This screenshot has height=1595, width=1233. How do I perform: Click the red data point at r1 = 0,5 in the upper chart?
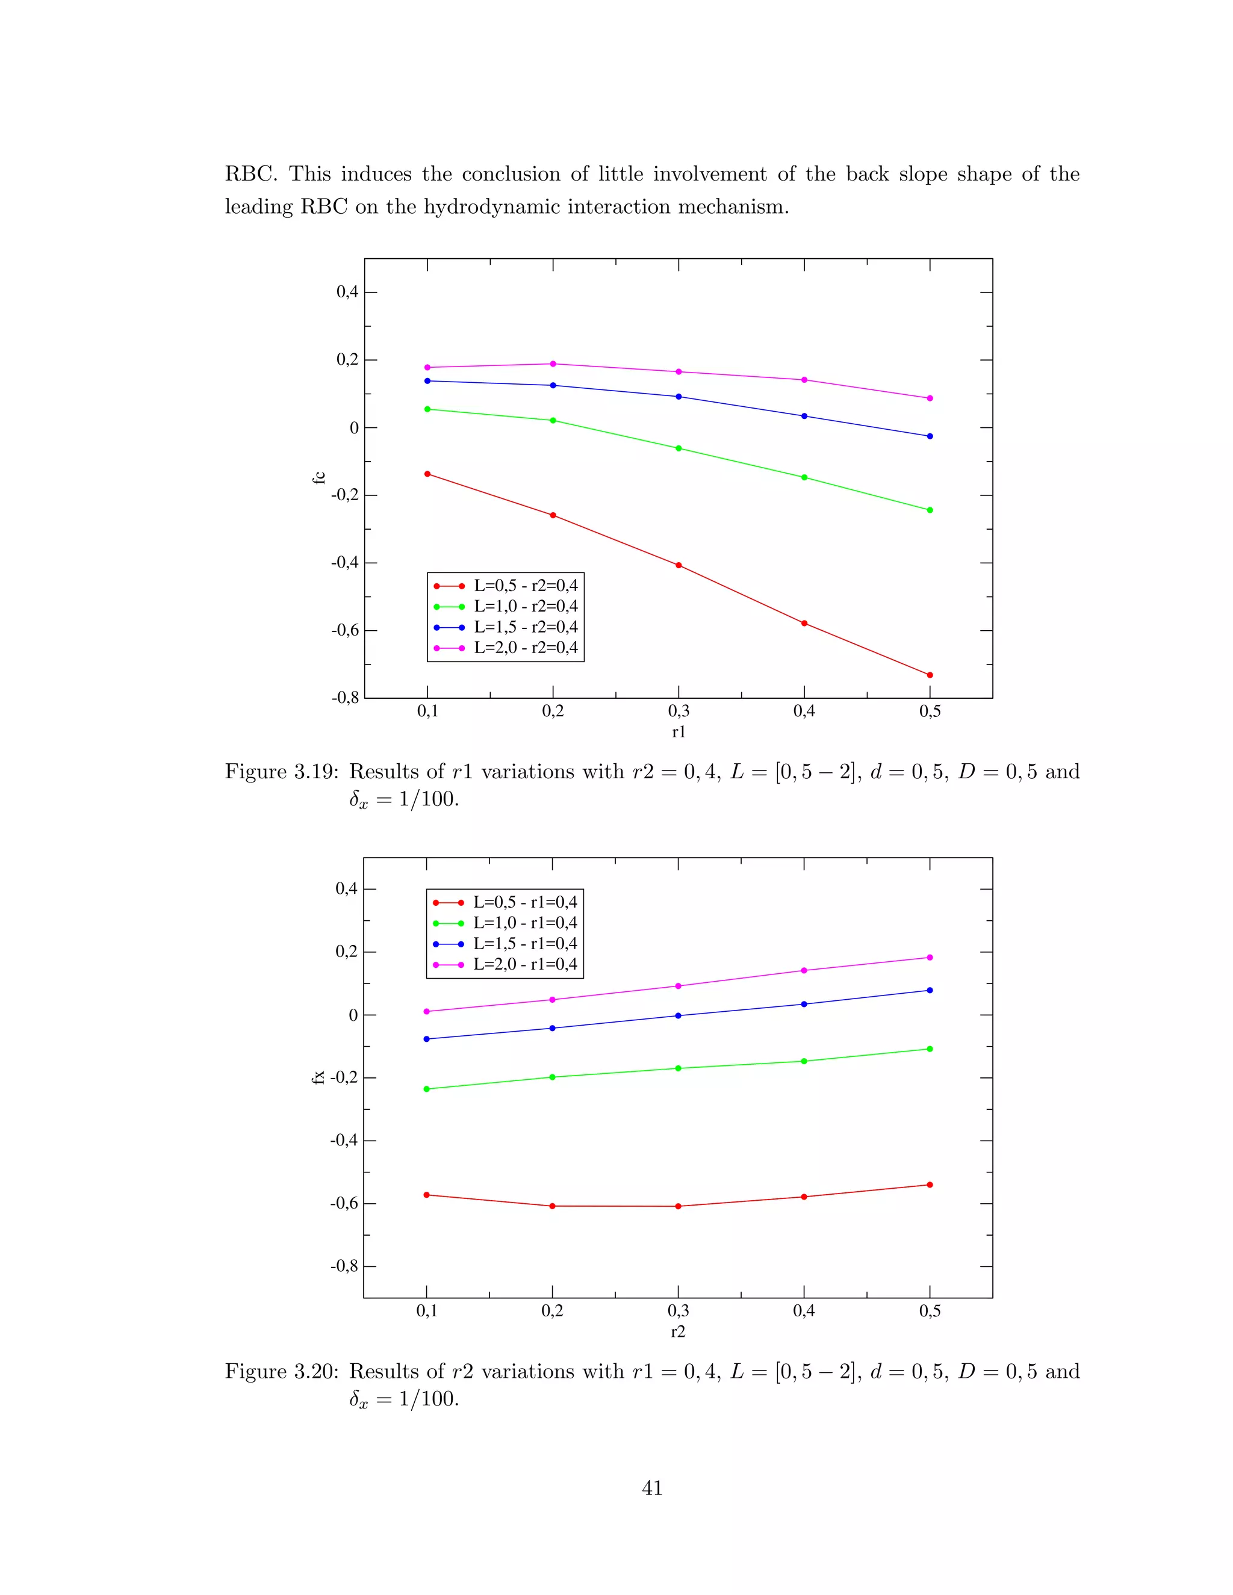(x=930, y=675)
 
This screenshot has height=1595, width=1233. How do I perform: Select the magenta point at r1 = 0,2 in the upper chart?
(x=553, y=364)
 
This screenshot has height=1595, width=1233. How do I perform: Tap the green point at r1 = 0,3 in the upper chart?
(x=679, y=448)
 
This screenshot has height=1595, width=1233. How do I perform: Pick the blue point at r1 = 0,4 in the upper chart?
(x=804, y=417)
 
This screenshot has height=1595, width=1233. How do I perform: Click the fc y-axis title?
(x=318, y=478)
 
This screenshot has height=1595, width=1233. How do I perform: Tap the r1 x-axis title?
(x=679, y=732)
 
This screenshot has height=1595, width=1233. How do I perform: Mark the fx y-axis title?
(x=318, y=1077)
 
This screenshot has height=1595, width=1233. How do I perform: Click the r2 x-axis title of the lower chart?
(x=678, y=1331)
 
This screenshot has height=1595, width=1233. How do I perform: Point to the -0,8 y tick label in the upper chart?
(x=346, y=698)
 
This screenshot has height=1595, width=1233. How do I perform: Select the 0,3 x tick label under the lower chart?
(x=678, y=1311)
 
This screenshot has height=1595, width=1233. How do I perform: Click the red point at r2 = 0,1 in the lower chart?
(x=427, y=1195)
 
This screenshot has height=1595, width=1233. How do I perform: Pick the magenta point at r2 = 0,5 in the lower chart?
(x=930, y=958)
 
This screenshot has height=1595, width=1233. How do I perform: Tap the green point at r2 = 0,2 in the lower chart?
(x=552, y=1077)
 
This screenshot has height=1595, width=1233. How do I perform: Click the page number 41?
(x=652, y=1488)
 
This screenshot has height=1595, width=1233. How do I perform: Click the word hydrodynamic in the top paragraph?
(x=482, y=206)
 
